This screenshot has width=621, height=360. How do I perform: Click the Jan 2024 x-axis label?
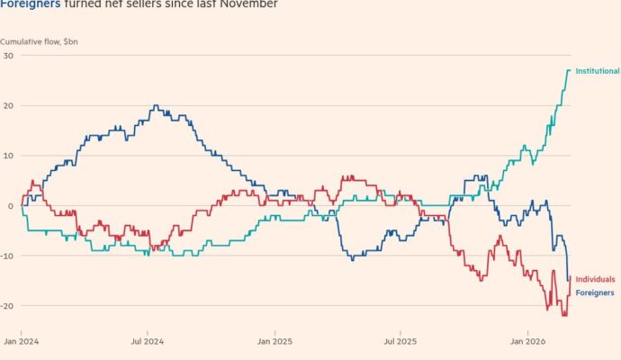pyautogui.click(x=21, y=342)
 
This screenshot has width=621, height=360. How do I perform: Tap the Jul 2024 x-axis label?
pyautogui.click(x=147, y=342)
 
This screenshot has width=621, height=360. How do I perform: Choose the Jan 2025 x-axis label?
pyautogui.click(x=274, y=342)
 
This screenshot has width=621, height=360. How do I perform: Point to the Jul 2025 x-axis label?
pyautogui.click(x=400, y=342)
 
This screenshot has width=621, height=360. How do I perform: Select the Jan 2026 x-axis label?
pyautogui.click(x=527, y=342)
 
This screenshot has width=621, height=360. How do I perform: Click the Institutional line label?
pyautogui.click(x=597, y=71)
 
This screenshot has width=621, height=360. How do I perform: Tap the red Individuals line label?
pyautogui.click(x=595, y=280)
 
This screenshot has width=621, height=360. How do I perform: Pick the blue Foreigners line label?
pyautogui.click(x=594, y=293)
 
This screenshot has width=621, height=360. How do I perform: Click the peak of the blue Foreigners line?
pyautogui.click(x=156, y=106)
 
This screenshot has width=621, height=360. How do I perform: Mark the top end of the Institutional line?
pyautogui.click(x=569, y=70)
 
